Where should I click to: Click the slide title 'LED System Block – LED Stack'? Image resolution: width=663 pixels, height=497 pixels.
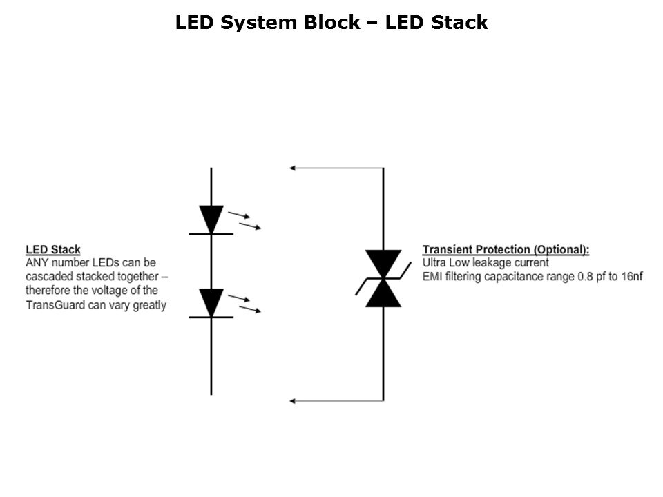coord(331,23)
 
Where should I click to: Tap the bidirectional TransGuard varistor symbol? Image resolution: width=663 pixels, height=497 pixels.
coord(383,278)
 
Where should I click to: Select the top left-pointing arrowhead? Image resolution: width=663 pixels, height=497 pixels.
coord(294,168)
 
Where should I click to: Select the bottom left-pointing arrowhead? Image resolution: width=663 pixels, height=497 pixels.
coord(294,400)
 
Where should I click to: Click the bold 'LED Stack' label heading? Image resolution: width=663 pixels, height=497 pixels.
coord(53,250)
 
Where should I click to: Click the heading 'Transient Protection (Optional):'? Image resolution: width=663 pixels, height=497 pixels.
coord(506,250)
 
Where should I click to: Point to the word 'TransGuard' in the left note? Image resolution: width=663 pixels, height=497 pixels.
coord(54,304)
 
